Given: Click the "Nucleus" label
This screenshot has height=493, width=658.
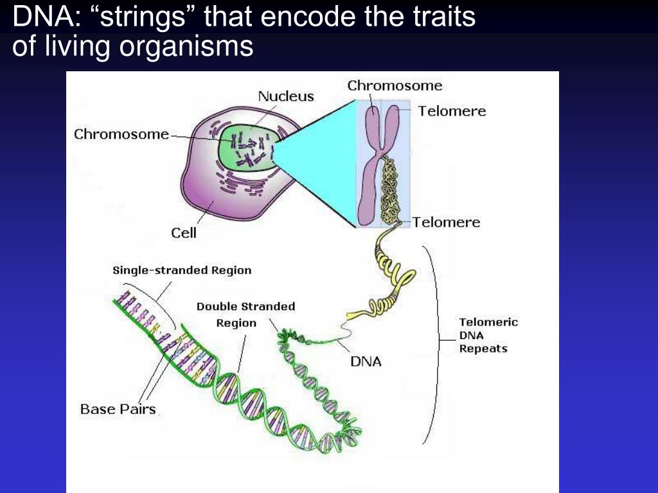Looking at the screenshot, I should click(x=286, y=96).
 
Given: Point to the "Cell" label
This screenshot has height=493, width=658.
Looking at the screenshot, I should click(x=184, y=232).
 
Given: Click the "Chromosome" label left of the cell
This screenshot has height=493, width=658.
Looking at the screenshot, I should click(x=121, y=134).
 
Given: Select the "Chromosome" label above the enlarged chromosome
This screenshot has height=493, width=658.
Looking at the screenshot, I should click(x=395, y=85).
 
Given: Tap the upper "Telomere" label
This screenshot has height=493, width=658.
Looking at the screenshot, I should click(x=452, y=111).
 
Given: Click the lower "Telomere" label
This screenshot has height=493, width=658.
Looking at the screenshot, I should click(x=446, y=222).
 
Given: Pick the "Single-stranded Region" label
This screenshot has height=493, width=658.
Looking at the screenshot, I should click(x=182, y=270).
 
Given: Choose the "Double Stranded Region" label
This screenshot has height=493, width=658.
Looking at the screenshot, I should click(x=245, y=315).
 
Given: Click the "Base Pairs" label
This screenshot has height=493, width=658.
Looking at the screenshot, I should click(x=118, y=409).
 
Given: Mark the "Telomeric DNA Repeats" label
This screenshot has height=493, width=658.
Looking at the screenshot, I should click(x=488, y=335).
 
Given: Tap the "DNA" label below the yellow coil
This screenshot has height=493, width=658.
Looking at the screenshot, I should click(x=366, y=361).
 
